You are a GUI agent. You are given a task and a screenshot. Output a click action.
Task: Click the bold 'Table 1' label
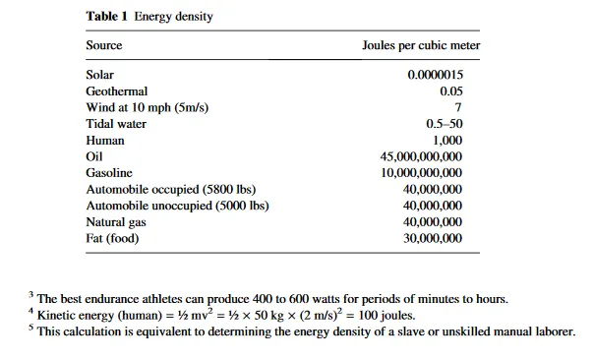(x=107, y=17)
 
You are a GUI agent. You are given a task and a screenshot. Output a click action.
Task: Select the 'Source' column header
(x=104, y=45)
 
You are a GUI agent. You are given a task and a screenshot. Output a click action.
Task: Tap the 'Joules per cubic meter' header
(x=421, y=45)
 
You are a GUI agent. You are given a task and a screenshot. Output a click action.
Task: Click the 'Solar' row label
(x=99, y=75)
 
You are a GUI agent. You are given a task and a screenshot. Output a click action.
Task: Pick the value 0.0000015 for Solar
(x=436, y=75)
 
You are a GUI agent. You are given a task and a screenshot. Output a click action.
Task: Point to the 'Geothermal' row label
(x=117, y=91)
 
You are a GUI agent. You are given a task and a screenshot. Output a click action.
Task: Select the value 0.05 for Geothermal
(x=451, y=91)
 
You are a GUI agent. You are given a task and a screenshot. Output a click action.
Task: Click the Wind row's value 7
(x=458, y=107)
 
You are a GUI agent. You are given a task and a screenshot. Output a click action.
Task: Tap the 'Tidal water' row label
(x=116, y=124)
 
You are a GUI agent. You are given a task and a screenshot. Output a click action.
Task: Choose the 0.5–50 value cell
(x=445, y=124)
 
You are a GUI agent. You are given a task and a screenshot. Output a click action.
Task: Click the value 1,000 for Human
(x=447, y=141)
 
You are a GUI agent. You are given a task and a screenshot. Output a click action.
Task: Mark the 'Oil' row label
(x=94, y=156)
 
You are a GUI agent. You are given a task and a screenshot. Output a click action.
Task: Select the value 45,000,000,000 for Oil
(x=421, y=156)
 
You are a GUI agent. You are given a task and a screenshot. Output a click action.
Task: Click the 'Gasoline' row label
(x=109, y=173)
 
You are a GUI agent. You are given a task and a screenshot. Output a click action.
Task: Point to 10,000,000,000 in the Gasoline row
(x=422, y=173)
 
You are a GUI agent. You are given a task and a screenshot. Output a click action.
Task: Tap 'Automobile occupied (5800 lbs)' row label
(x=171, y=189)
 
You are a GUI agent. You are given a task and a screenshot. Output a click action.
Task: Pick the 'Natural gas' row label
(x=116, y=222)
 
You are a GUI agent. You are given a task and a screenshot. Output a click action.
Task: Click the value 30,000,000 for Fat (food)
(x=433, y=238)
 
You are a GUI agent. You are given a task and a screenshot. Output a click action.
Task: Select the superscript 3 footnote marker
(x=30, y=294)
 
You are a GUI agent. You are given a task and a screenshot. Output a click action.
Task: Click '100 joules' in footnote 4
(x=386, y=316)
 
